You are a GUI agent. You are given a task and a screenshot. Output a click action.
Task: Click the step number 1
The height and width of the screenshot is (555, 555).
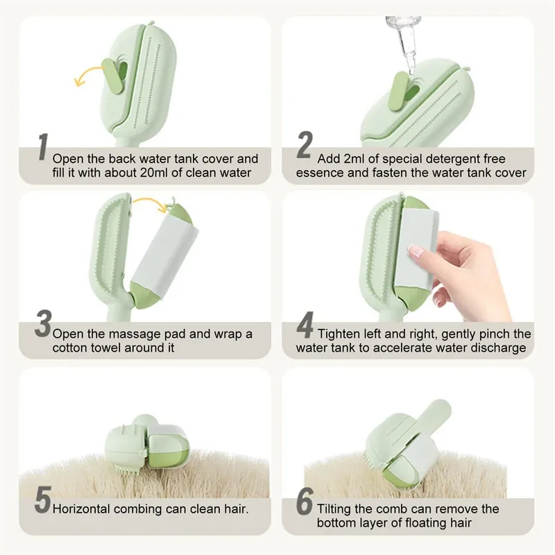click(42, 152)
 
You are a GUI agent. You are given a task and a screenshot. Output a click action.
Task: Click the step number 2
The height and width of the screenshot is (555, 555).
click(305, 147)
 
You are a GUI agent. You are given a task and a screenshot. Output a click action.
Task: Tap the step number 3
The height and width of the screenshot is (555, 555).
click(43, 325)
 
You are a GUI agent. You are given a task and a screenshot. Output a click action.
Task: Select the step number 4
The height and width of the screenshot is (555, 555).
click(305, 325)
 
